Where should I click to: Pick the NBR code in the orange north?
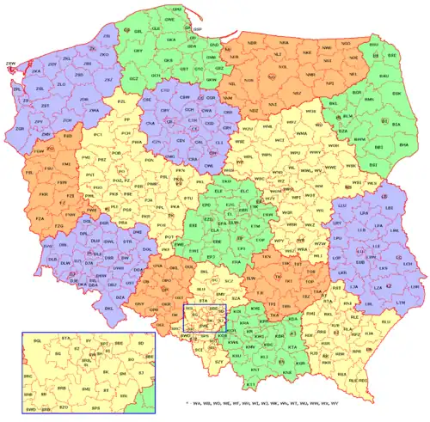tap(252, 41)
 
